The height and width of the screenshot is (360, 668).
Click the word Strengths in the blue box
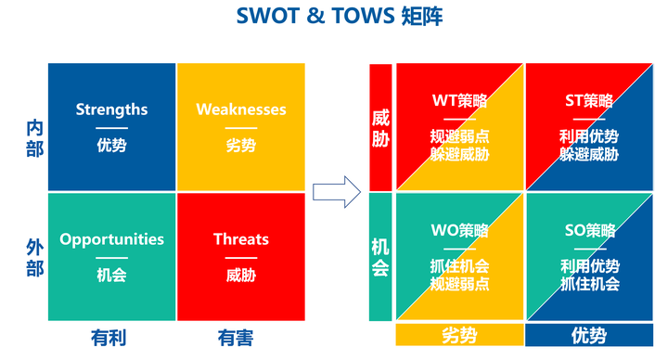[x=111, y=109]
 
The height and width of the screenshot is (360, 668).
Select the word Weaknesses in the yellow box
[x=241, y=109]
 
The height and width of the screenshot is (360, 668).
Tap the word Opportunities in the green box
[x=111, y=239]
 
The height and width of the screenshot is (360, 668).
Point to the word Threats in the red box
[x=241, y=239]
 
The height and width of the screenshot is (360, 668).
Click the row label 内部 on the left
[x=34, y=138]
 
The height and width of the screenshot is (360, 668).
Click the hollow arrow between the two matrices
[x=335, y=192]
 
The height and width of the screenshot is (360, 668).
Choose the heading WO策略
[x=459, y=230]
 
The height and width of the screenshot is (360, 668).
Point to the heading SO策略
[x=589, y=230]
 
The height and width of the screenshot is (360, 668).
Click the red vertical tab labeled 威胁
[x=380, y=128]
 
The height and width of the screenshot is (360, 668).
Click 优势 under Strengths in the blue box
[x=111, y=145]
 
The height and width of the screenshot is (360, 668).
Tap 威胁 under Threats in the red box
[x=241, y=275]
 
